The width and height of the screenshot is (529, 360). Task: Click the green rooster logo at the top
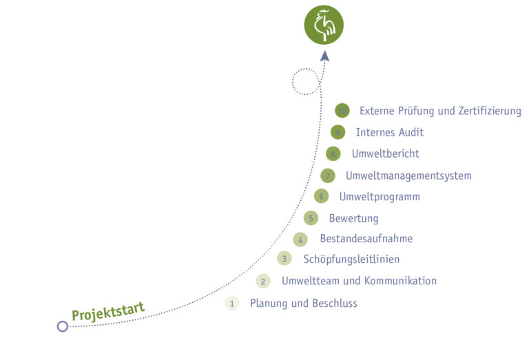[324, 25]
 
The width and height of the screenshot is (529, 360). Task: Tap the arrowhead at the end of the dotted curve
[324, 56]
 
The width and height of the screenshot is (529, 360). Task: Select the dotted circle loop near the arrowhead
[305, 81]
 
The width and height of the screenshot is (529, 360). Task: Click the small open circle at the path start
[63, 326]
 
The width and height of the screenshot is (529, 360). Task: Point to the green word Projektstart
[108, 312]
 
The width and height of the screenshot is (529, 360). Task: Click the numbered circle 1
[232, 303]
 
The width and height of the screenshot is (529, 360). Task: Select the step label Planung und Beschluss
[304, 303]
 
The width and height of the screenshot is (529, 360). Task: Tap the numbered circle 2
[263, 281]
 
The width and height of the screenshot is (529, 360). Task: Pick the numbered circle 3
[284, 258]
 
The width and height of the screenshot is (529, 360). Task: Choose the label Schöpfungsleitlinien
[351, 260]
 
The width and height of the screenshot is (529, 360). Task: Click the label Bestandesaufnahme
[366, 239]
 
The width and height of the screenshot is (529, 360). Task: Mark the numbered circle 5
[311, 218]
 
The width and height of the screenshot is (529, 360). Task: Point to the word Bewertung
[353, 219]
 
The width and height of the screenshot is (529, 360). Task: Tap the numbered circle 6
[321, 196]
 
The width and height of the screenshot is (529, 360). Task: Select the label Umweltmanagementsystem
[408, 176]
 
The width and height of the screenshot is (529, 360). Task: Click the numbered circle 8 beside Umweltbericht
[333, 153]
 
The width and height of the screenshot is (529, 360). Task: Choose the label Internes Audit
[390, 132]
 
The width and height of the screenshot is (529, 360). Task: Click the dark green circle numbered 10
[342, 111]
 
